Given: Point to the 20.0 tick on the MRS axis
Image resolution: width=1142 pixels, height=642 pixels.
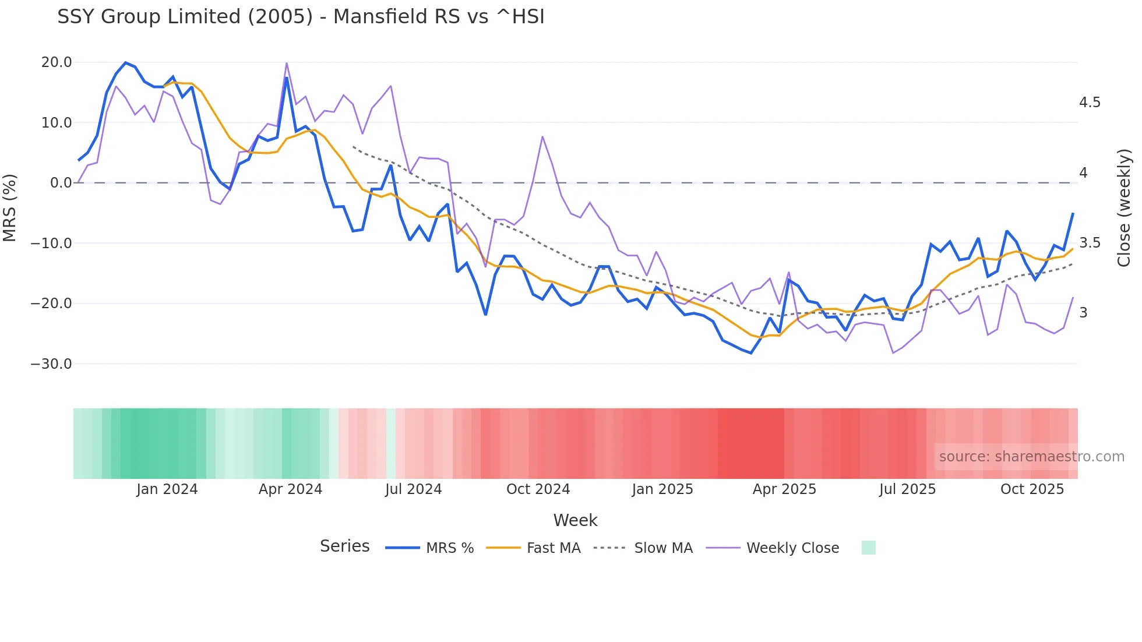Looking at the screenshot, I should point(57,62).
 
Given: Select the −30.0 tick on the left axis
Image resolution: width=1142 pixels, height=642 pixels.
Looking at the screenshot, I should point(51,364).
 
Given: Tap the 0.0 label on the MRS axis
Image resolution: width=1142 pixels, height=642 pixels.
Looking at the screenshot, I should point(61,183).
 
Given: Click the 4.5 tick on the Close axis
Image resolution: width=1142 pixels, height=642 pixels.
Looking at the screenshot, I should point(1090,103).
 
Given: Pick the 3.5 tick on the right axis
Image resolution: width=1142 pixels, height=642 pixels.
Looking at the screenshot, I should point(1090,243).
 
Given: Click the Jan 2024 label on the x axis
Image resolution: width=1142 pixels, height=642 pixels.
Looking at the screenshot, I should point(167,489).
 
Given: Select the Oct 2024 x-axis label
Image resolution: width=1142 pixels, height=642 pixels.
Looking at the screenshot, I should point(538,489).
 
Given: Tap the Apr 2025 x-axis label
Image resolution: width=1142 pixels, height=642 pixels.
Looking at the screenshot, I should point(784,489).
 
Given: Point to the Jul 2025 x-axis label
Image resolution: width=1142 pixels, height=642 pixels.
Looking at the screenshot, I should point(907,489).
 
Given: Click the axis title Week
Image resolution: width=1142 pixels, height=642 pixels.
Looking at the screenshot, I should point(575,520).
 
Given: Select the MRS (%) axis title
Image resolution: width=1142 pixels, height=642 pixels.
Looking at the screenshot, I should point(10,208).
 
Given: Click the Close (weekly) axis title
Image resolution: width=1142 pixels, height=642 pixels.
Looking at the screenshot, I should point(1124,208).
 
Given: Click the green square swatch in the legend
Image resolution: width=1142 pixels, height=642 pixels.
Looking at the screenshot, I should point(868,548).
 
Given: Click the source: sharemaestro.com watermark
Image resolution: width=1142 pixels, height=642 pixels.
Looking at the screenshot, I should point(1031,457).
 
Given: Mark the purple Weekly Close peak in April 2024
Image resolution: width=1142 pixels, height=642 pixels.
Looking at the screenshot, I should point(286,63).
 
